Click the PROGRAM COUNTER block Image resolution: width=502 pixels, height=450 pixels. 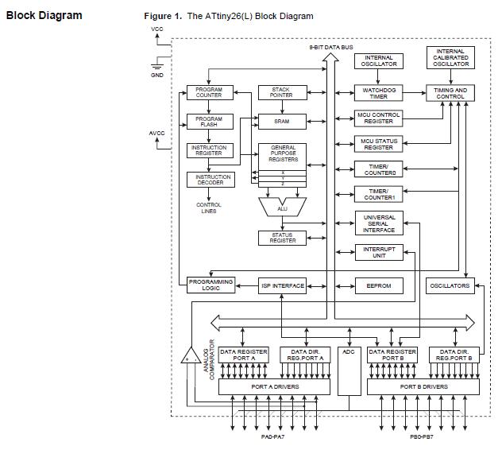coord(208,92)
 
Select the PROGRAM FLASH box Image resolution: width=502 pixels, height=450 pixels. coord(208,121)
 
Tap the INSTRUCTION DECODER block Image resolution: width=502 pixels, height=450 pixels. coord(208,180)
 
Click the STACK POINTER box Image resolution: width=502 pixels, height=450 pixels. coord(282,92)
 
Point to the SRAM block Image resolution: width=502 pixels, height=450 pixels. coord(282,121)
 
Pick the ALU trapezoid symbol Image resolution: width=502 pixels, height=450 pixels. coord(282,207)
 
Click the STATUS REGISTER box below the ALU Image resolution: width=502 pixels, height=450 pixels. coord(282,237)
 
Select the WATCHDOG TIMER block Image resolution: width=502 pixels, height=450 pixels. coord(378,92)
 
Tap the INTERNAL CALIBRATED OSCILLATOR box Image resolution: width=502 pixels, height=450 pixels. coord(451,58)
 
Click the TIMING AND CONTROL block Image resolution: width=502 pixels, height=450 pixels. coord(451,92)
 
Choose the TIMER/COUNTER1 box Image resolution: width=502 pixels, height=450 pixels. coord(378,193)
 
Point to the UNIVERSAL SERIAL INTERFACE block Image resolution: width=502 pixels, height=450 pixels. coord(378,223)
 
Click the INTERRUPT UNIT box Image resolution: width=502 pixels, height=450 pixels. coord(378,252)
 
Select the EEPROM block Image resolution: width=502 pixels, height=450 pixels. coord(378,285)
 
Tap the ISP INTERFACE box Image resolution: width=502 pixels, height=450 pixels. coord(282,285)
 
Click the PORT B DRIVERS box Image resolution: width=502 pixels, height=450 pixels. coord(424,386)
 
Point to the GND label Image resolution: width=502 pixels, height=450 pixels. coord(157,74)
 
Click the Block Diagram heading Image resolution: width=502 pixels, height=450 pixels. coord(44,15)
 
